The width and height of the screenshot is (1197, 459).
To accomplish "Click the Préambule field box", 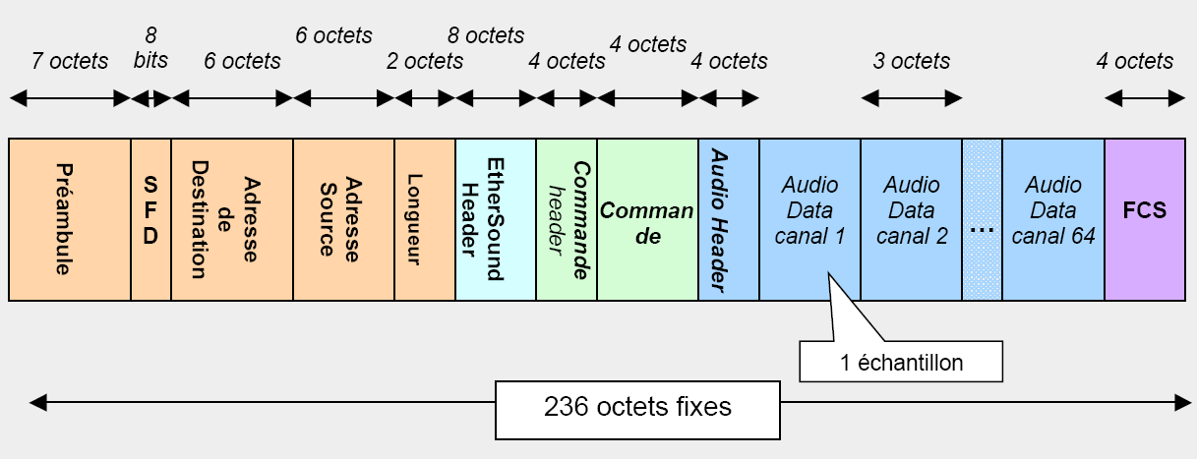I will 70,219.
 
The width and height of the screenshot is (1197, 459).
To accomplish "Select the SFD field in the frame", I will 150,219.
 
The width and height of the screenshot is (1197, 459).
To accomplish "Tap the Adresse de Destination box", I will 232,219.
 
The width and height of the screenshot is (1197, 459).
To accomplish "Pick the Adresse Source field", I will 343,219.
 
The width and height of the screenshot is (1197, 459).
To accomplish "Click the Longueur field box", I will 424,219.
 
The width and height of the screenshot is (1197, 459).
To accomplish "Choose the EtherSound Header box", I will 496,219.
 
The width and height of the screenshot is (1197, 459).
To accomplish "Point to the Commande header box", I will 567,219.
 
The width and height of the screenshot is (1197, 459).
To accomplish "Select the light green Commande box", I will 647,219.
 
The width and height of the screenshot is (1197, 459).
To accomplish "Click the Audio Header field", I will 728,219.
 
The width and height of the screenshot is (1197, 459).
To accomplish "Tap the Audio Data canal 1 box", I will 809,209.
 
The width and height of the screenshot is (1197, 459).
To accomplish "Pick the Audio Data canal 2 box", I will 911,209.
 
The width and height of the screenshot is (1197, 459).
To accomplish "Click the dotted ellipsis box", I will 982,219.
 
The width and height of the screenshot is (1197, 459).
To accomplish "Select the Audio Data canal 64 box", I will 1052,209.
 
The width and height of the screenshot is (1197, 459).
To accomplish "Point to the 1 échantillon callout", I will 901,362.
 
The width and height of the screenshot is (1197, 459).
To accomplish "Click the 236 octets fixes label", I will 637,406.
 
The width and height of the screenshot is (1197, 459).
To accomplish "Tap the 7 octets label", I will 70,61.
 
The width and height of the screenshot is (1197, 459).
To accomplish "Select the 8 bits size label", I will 150,48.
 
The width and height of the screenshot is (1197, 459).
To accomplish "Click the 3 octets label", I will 911,61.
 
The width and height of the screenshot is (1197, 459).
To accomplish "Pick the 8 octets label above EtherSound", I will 486,35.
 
